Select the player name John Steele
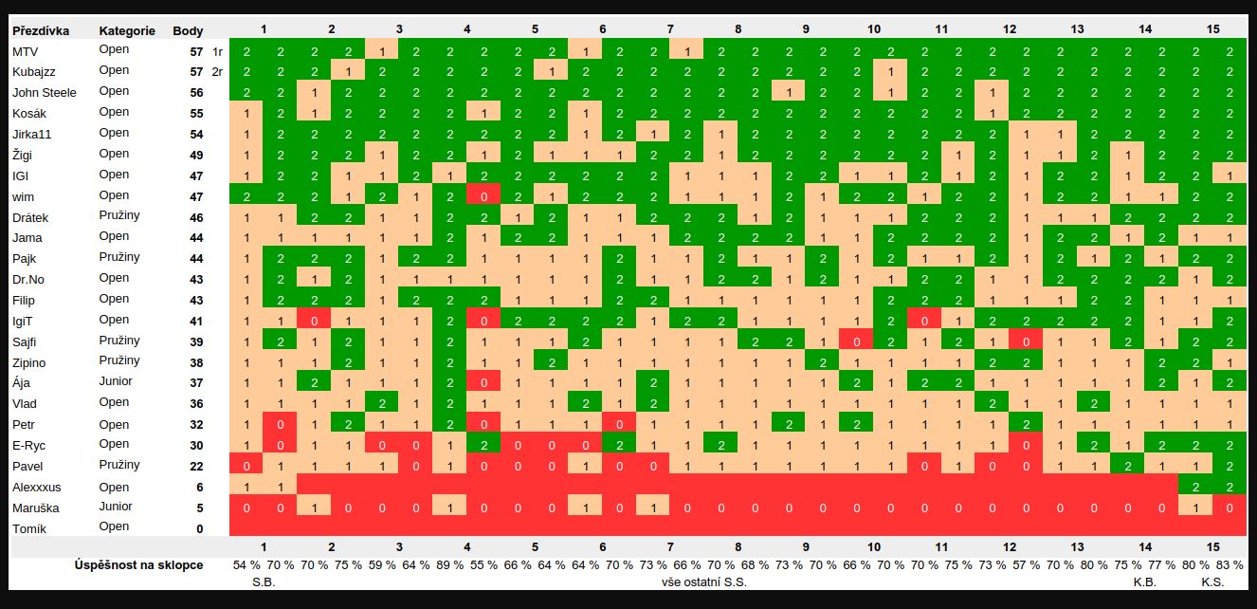tap(44, 93)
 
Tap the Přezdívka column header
tap(41, 30)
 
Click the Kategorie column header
tap(126, 30)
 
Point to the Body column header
tap(188, 30)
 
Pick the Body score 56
tap(196, 93)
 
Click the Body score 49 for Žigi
tap(196, 156)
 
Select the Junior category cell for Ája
tap(115, 382)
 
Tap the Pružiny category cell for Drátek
tap(119, 216)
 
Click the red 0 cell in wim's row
tap(483, 196)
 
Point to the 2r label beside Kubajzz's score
tap(218, 72)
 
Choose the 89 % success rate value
tap(450, 565)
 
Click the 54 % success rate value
tap(246, 565)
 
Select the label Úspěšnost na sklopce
tap(138, 565)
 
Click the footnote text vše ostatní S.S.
tap(703, 582)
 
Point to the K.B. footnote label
tap(1144, 582)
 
